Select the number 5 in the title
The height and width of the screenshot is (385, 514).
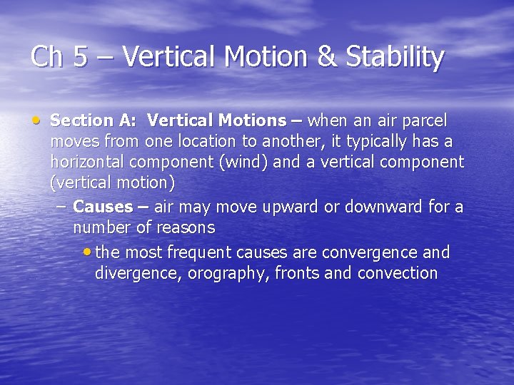[x=81, y=57]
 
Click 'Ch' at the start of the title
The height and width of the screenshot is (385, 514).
[x=48, y=57]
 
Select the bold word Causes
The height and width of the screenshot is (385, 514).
[x=103, y=207]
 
